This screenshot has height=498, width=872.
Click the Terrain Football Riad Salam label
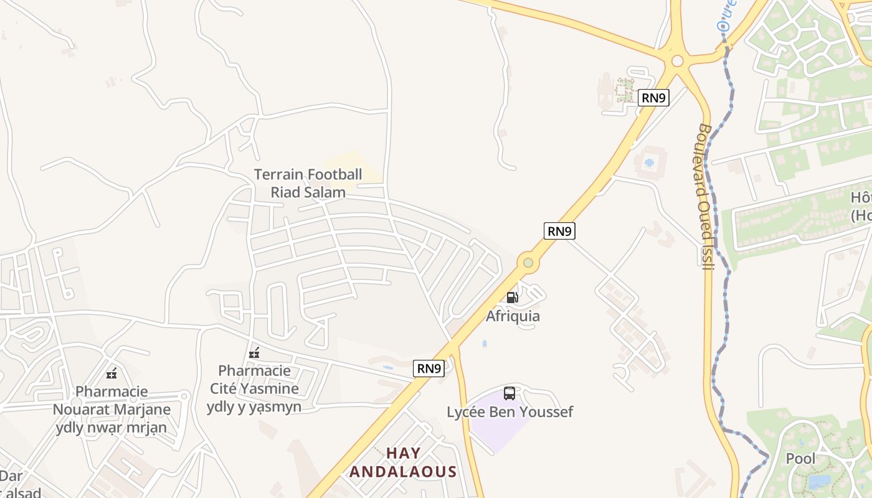pos(308,183)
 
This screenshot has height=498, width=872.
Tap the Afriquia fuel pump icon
pos(512,298)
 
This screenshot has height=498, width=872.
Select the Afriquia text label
pos(513,316)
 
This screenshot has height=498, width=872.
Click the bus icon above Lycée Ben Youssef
pos(509,393)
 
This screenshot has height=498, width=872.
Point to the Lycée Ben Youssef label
pos(509,412)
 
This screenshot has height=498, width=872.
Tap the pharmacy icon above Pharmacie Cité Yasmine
pos(254,353)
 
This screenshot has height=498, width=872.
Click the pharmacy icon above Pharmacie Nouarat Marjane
pos(111,374)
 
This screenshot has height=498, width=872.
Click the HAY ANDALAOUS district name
pos(403,463)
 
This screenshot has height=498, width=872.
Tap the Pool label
pos(800,459)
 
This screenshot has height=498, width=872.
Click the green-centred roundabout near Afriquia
pos(528,263)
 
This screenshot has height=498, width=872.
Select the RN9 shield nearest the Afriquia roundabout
pos(559,231)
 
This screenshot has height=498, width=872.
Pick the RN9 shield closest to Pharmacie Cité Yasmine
pos(429,368)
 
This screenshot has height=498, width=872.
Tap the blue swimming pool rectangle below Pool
pos(819,482)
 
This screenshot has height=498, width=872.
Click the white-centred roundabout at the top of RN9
pos(677,61)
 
